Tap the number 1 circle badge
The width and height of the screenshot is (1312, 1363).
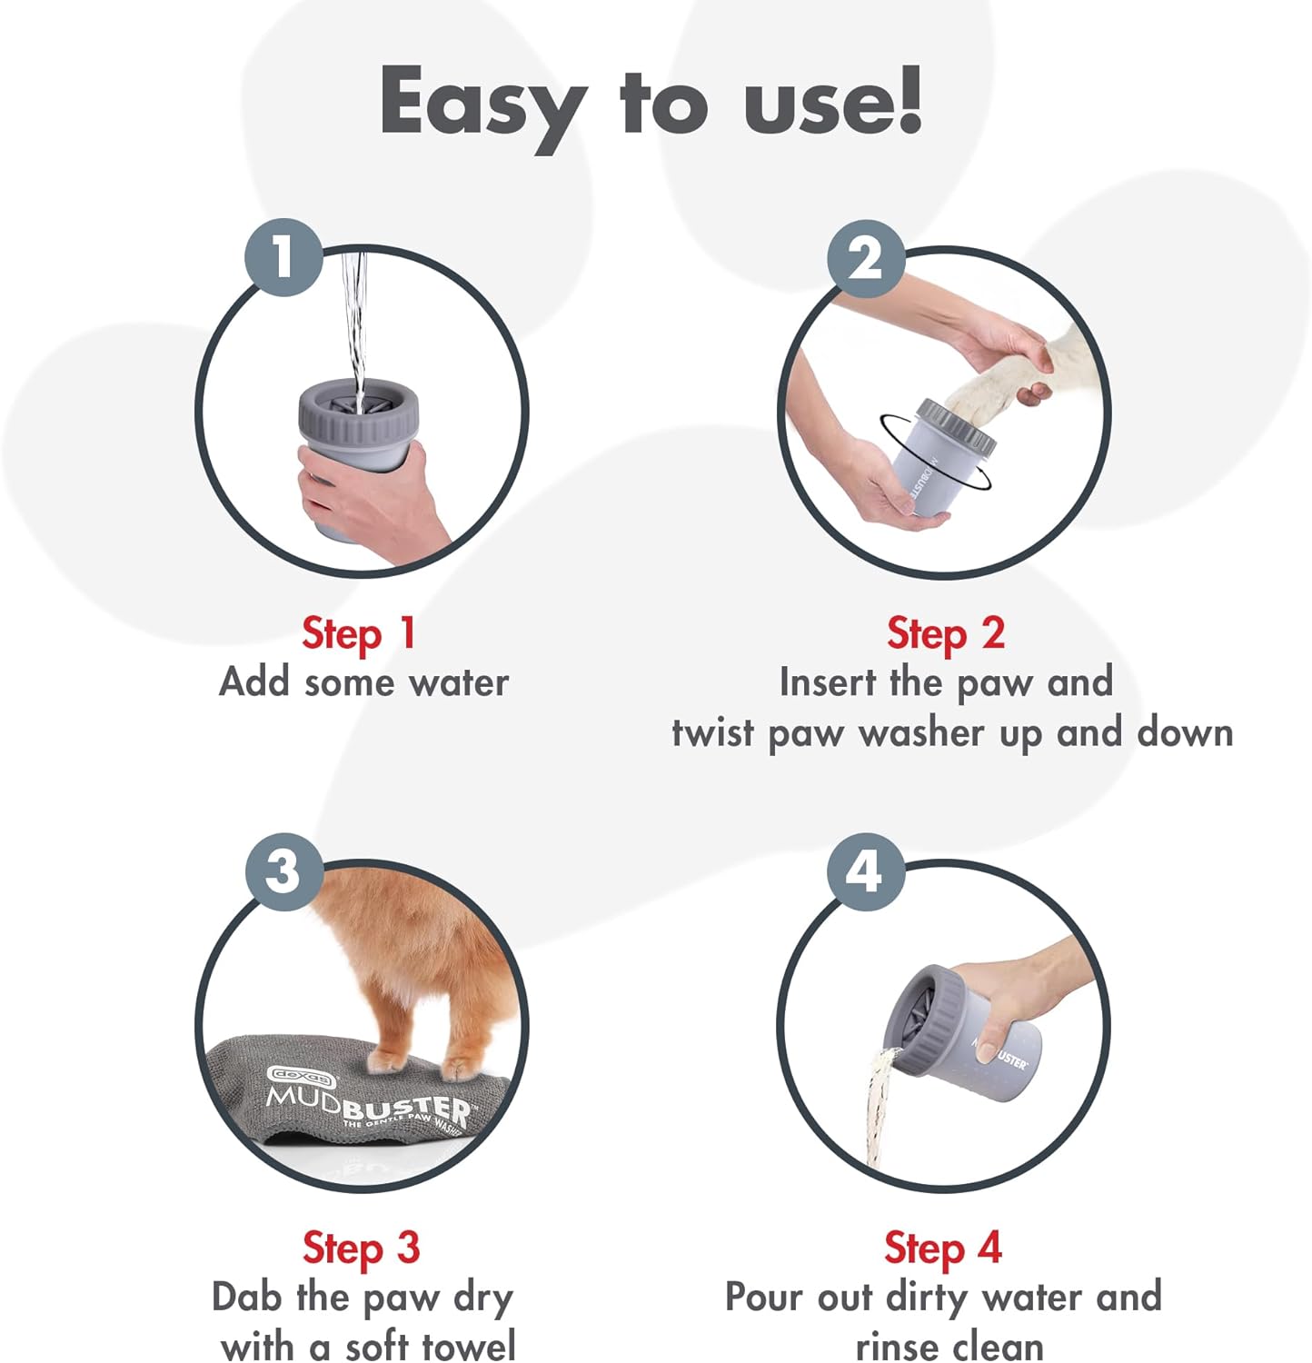(x=283, y=256)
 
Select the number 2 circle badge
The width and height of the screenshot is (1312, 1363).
(x=865, y=258)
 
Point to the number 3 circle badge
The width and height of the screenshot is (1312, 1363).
(x=283, y=871)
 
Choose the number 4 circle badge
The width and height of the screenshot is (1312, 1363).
(x=864, y=871)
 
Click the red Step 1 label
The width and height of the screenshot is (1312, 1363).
(x=359, y=633)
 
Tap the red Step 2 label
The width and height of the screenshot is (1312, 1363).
(x=945, y=633)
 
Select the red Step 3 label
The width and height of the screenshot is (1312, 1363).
(x=361, y=1248)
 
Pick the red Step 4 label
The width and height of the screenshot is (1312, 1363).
(x=942, y=1248)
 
